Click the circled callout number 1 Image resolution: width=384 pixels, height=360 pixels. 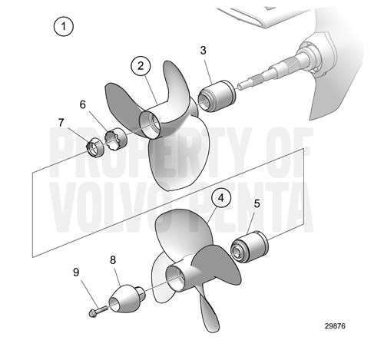tap(65, 27)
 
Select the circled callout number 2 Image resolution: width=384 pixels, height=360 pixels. tap(141, 67)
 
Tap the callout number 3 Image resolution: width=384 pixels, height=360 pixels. tap(203, 51)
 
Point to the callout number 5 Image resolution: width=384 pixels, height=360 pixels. tap(257, 205)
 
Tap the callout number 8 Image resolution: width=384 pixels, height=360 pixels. tap(114, 260)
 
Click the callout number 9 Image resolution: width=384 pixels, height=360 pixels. tap(76, 272)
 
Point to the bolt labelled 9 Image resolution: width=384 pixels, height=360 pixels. tap(95, 311)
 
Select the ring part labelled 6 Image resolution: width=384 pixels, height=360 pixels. tap(115, 137)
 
